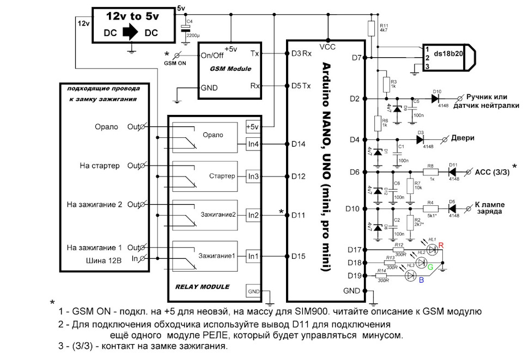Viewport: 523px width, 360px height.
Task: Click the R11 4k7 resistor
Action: pos(371,28)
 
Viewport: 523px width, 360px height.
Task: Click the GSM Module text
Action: pos(231,69)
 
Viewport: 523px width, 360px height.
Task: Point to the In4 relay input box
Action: pos(253,144)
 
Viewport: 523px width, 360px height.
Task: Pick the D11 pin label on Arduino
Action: pos(299,215)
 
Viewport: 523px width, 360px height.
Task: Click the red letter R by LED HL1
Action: pos(440,246)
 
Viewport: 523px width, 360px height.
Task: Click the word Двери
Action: pos(463,138)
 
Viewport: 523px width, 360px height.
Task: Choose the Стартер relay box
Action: pos(205,176)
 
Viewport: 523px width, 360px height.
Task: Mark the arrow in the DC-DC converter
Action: pos(130,33)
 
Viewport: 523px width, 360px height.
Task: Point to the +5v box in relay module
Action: pos(253,127)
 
